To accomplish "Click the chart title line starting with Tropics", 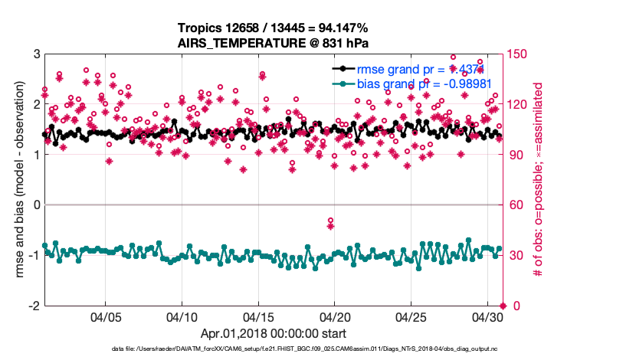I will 274,28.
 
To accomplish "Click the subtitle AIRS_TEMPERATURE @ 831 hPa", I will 274,43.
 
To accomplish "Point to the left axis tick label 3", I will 37,54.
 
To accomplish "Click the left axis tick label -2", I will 34,306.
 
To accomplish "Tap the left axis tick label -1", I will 34,255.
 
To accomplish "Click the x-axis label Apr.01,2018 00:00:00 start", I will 274,333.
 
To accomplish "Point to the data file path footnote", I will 274,349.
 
